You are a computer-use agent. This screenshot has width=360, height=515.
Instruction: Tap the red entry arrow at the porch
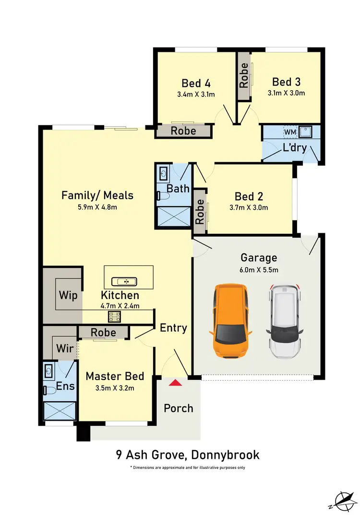point(176,383)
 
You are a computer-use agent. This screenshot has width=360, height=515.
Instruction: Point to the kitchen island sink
point(124,281)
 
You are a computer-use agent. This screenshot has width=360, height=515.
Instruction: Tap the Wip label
point(68,295)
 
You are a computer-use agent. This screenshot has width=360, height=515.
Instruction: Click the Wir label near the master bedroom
point(65,347)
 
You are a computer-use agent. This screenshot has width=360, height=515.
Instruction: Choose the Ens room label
point(66,386)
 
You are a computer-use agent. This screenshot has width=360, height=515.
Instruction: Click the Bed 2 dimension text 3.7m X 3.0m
point(249,208)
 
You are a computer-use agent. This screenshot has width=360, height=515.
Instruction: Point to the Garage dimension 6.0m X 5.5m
point(259,270)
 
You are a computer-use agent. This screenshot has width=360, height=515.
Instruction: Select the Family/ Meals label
point(97,195)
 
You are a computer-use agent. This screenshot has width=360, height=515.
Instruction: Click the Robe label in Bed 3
point(244,75)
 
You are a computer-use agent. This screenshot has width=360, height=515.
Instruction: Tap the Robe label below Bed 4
point(183,131)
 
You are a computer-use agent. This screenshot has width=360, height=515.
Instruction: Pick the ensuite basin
point(48,370)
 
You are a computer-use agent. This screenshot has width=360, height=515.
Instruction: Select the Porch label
point(179,408)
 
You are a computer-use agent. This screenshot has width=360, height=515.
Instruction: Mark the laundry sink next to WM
point(306,131)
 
